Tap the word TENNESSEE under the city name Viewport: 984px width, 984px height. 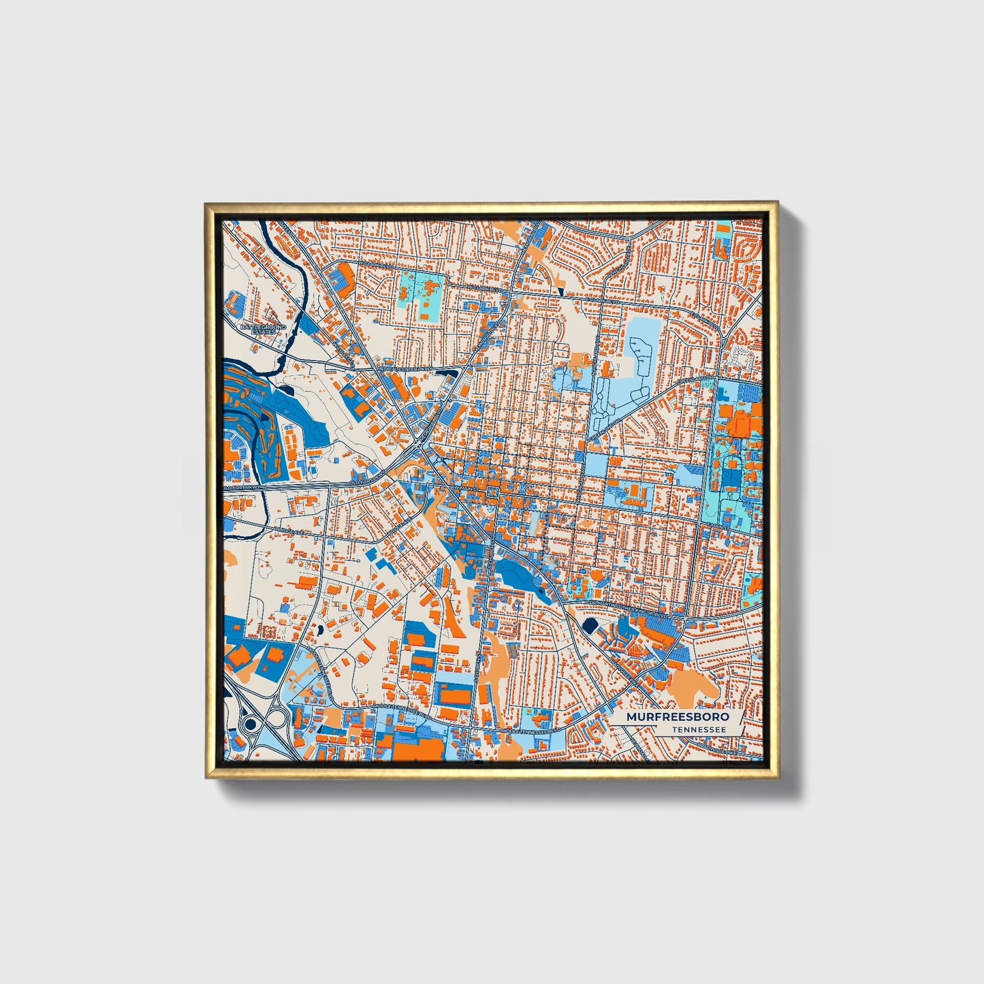[699, 730]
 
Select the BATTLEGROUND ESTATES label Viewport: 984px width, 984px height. [263, 329]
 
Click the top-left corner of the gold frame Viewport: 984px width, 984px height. [206, 204]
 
